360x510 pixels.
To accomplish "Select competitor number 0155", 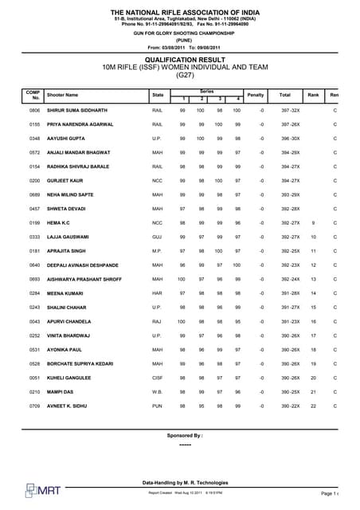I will coord(35,125).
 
